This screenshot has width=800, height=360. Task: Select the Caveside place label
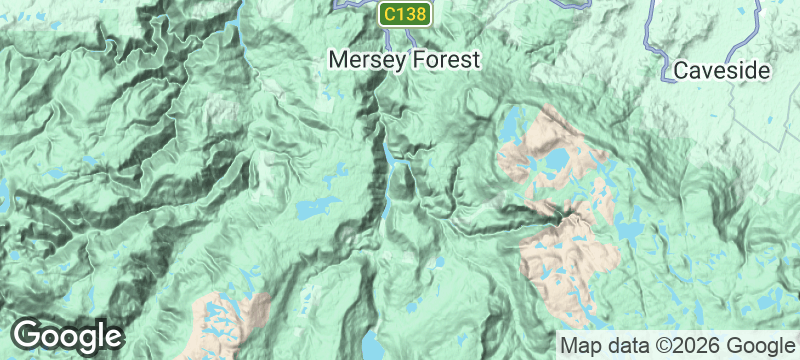720,71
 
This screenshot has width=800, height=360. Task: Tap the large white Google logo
68,335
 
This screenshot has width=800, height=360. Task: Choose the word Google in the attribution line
759,345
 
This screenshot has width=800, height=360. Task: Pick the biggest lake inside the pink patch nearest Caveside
552,160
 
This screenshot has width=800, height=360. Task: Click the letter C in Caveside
681,71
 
